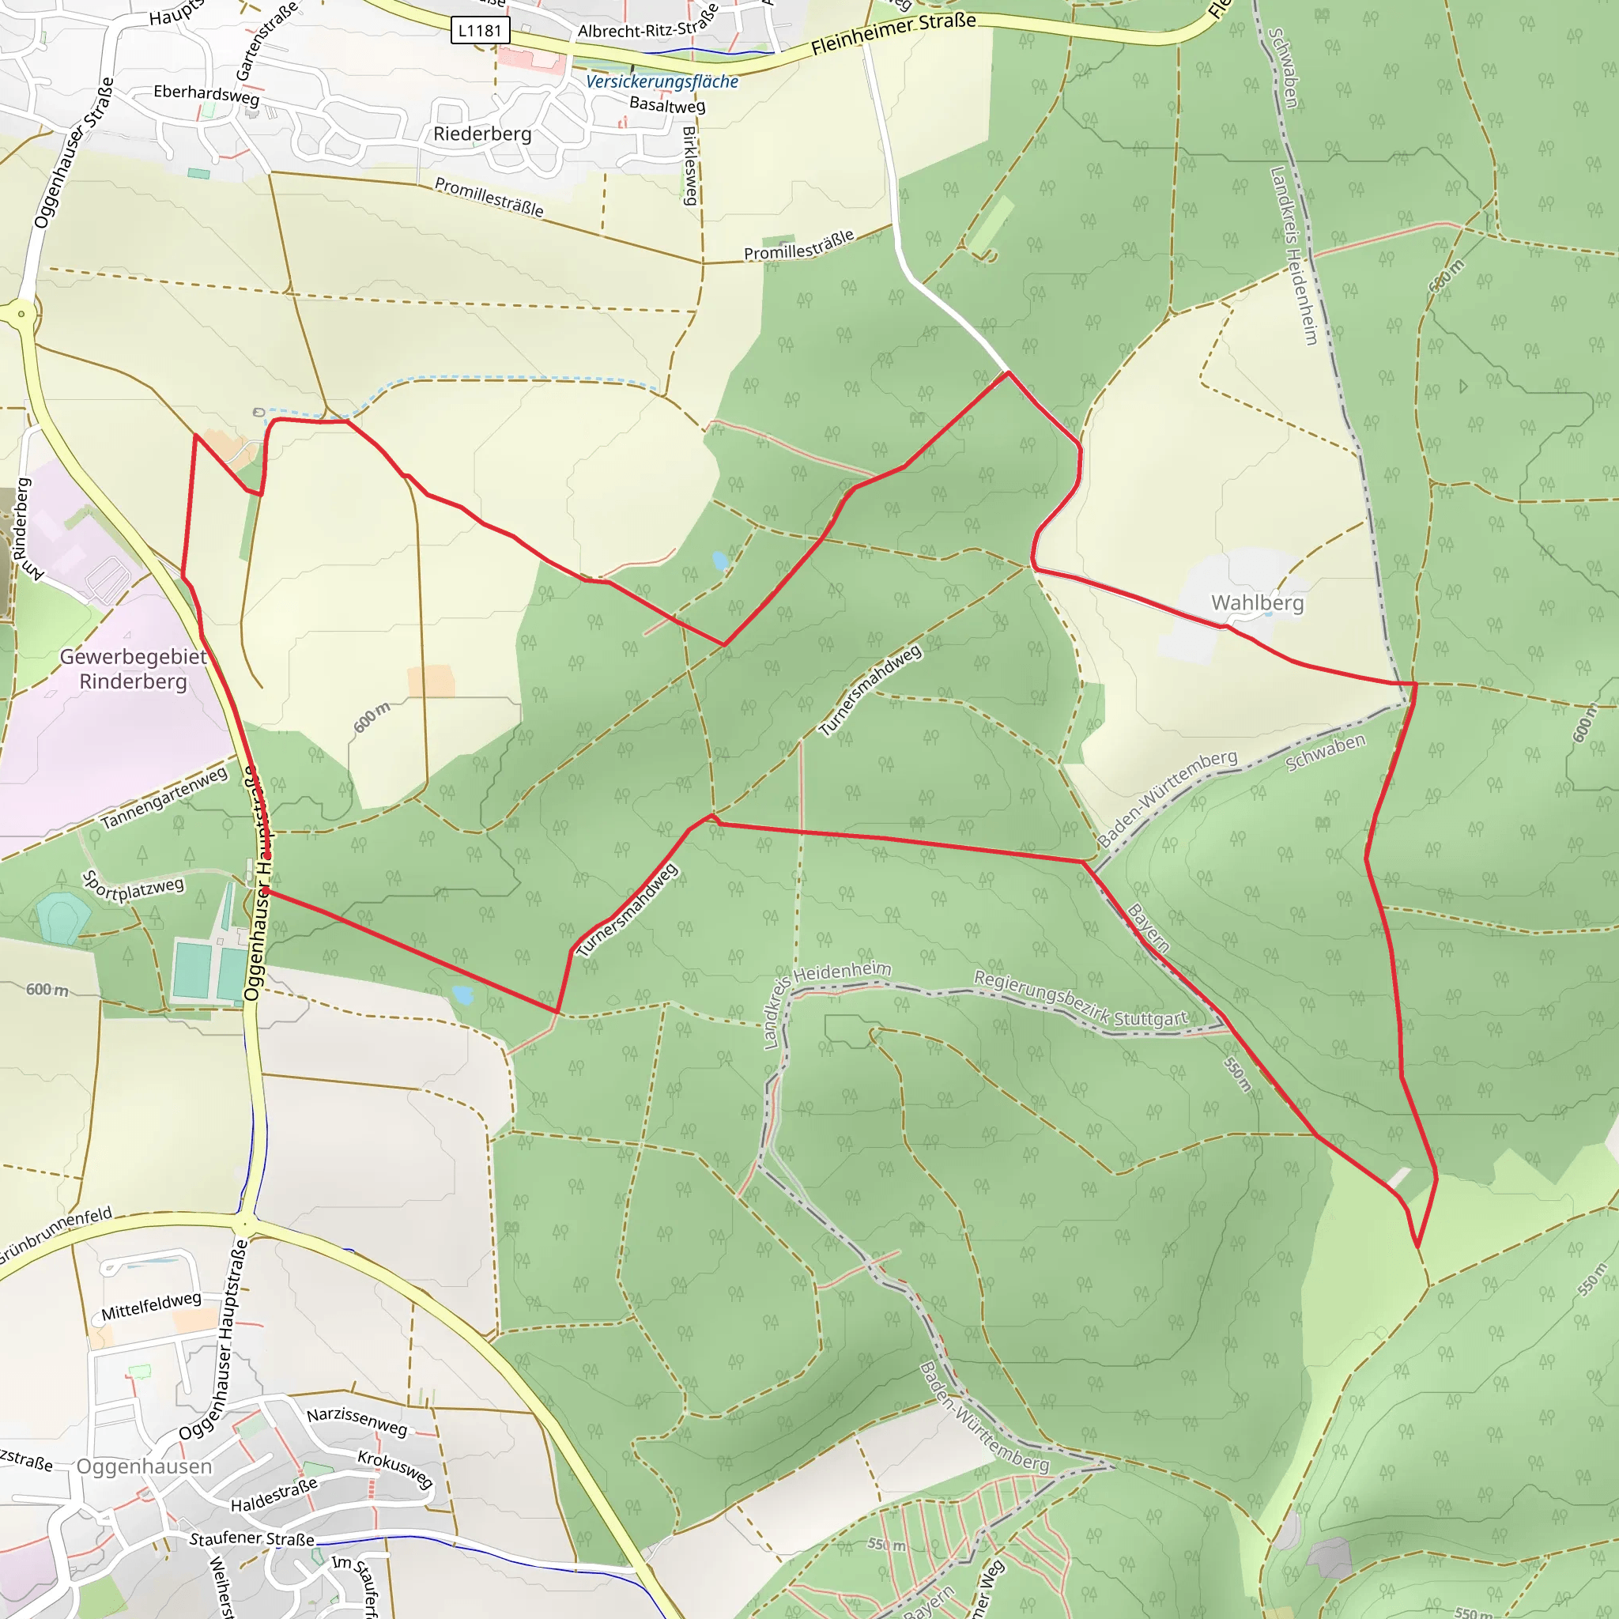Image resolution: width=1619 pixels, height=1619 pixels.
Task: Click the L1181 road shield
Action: point(479,31)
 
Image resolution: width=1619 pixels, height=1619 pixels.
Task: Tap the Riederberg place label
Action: point(482,134)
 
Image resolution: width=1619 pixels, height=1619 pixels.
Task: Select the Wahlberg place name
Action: point(1257,602)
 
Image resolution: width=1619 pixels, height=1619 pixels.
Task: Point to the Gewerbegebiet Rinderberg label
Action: point(134,669)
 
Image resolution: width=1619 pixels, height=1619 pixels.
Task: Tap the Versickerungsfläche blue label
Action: point(661,81)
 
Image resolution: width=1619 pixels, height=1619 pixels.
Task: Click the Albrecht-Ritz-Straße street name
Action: point(647,25)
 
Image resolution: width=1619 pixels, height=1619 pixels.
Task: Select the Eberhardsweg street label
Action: point(206,94)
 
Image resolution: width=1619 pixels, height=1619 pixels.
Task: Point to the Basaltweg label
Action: point(667,105)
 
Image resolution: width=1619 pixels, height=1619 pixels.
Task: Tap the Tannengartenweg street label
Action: point(164,797)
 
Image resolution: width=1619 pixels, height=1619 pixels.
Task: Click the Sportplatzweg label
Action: point(132,887)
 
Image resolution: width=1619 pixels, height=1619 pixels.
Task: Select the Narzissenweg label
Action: point(357,1421)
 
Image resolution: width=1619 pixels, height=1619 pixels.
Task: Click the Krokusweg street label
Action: point(394,1469)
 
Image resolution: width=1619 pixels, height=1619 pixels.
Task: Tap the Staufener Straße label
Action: point(251,1538)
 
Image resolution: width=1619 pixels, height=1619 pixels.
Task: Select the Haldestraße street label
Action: point(274,1495)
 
